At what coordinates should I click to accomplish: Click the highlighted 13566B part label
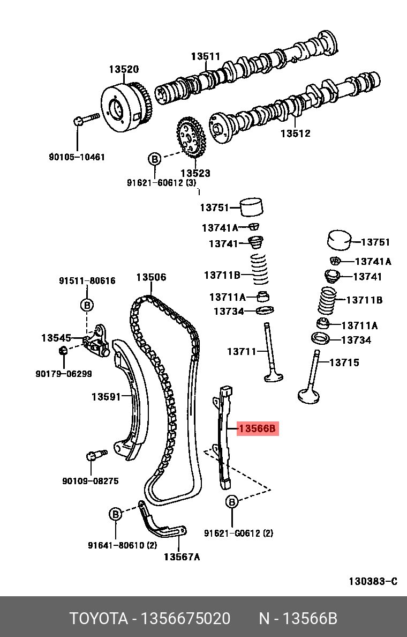click(258, 428)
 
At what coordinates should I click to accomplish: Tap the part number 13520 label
click(124, 69)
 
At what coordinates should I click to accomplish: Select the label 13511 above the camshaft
click(206, 57)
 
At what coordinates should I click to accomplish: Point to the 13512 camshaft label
click(295, 134)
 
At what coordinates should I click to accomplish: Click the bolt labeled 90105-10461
click(86, 117)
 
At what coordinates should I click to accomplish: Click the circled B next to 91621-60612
click(154, 159)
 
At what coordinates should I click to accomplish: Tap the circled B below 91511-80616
click(87, 305)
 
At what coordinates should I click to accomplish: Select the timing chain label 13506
click(151, 277)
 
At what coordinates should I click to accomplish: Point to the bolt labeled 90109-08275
click(94, 456)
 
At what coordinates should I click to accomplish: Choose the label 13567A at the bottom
click(182, 557)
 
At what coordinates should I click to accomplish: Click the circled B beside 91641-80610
click(116, 514)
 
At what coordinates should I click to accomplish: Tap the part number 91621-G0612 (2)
click(238, 533)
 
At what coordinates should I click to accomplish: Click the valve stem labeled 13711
click(268, 349)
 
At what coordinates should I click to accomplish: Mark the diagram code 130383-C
click(373, 581)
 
